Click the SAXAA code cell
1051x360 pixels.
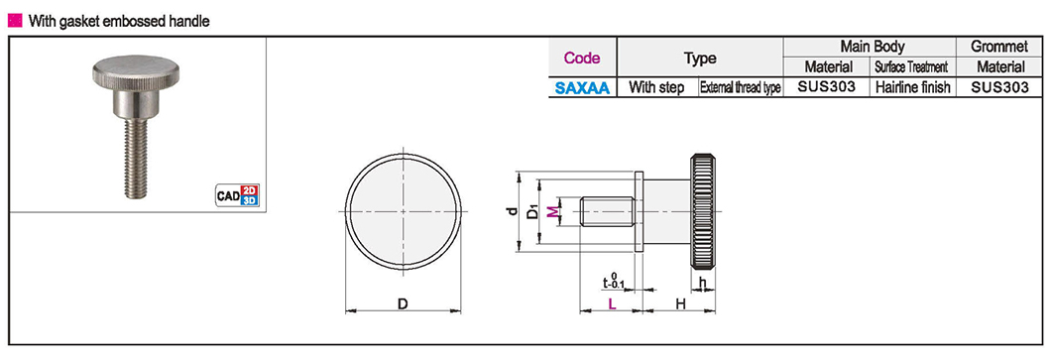coord(582,87)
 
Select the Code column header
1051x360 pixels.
coord(582,58)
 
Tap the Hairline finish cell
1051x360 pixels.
coord(913,87)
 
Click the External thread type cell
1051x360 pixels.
coord(741,87)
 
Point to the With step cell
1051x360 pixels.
coord(656,87)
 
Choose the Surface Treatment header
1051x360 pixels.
coord(913,67)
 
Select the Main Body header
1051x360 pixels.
coord(870,47)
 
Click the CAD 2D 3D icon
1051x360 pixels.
coord(237,195)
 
